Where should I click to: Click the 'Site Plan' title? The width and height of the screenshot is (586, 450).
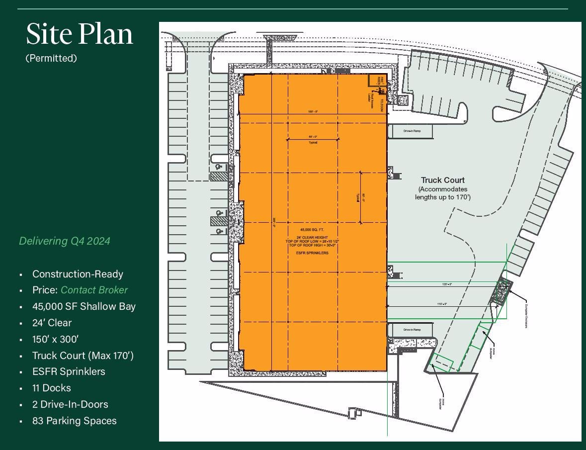click(80, 35)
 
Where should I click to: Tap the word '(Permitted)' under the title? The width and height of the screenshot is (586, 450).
click(51, 58)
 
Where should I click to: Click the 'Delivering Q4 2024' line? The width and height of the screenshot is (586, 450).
click(65, 241)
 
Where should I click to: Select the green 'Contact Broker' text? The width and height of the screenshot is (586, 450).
click(94, 290)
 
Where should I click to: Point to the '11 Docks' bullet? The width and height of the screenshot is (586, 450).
click(52, 388)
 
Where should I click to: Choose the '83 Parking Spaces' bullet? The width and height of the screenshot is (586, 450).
click(75, 421)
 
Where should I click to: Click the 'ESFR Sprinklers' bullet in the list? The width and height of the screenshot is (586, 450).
click(69, 371)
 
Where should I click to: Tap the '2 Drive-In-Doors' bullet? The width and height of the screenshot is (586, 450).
click(70, 404)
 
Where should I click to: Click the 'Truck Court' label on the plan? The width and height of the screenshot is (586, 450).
click(443, 180)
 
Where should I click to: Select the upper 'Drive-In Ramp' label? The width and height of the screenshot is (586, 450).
click(412, 131)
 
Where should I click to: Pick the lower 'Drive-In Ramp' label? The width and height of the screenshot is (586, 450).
click(412, 330)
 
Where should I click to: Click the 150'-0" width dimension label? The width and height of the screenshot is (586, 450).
click(313, 112)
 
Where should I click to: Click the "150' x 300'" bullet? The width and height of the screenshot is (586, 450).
click(55, 339)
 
